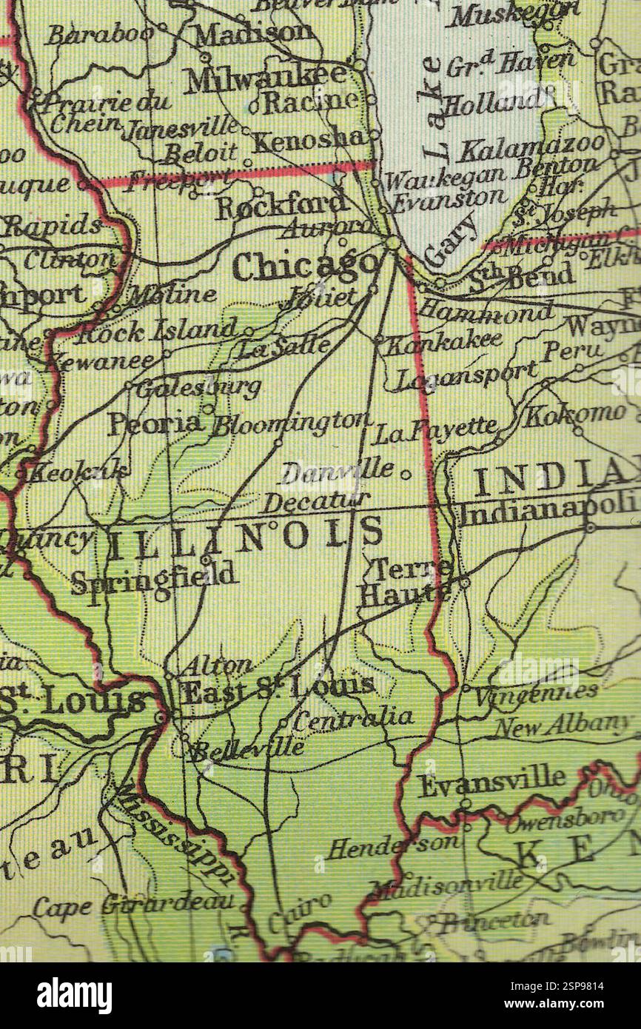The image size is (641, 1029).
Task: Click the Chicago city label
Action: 306,266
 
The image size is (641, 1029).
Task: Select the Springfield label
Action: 154,577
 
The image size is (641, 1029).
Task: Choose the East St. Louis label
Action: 278,690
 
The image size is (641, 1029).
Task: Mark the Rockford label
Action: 281,205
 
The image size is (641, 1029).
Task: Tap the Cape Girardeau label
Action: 134,904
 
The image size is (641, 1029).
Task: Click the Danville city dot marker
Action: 406,473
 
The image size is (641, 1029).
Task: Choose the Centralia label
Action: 353,717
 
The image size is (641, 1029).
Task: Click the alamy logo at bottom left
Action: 74,996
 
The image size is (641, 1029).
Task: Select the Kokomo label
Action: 574,415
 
